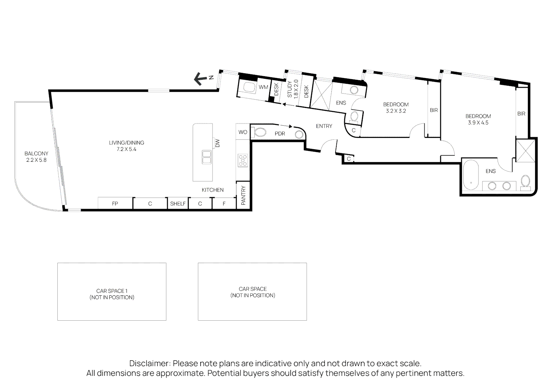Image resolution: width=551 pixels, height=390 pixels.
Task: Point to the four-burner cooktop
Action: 243,160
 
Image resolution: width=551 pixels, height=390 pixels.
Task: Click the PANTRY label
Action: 243,195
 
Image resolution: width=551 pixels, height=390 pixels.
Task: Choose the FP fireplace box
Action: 115,204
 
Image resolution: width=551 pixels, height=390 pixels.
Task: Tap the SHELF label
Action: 178,204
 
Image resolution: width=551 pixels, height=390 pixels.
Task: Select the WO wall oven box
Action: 242,132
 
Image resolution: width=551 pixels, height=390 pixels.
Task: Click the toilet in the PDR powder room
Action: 260,133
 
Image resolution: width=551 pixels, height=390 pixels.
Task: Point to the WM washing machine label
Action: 263,87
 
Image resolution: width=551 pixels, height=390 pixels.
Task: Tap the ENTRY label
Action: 324,126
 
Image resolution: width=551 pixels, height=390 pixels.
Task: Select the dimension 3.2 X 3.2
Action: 396,111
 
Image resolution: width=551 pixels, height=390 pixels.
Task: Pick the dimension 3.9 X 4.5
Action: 478,123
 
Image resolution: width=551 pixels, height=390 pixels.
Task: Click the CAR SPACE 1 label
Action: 112,291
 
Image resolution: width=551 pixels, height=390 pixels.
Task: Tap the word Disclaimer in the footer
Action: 150,363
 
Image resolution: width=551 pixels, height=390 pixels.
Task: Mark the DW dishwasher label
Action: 218,143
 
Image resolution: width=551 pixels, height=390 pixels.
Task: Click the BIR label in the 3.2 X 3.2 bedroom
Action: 434,110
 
